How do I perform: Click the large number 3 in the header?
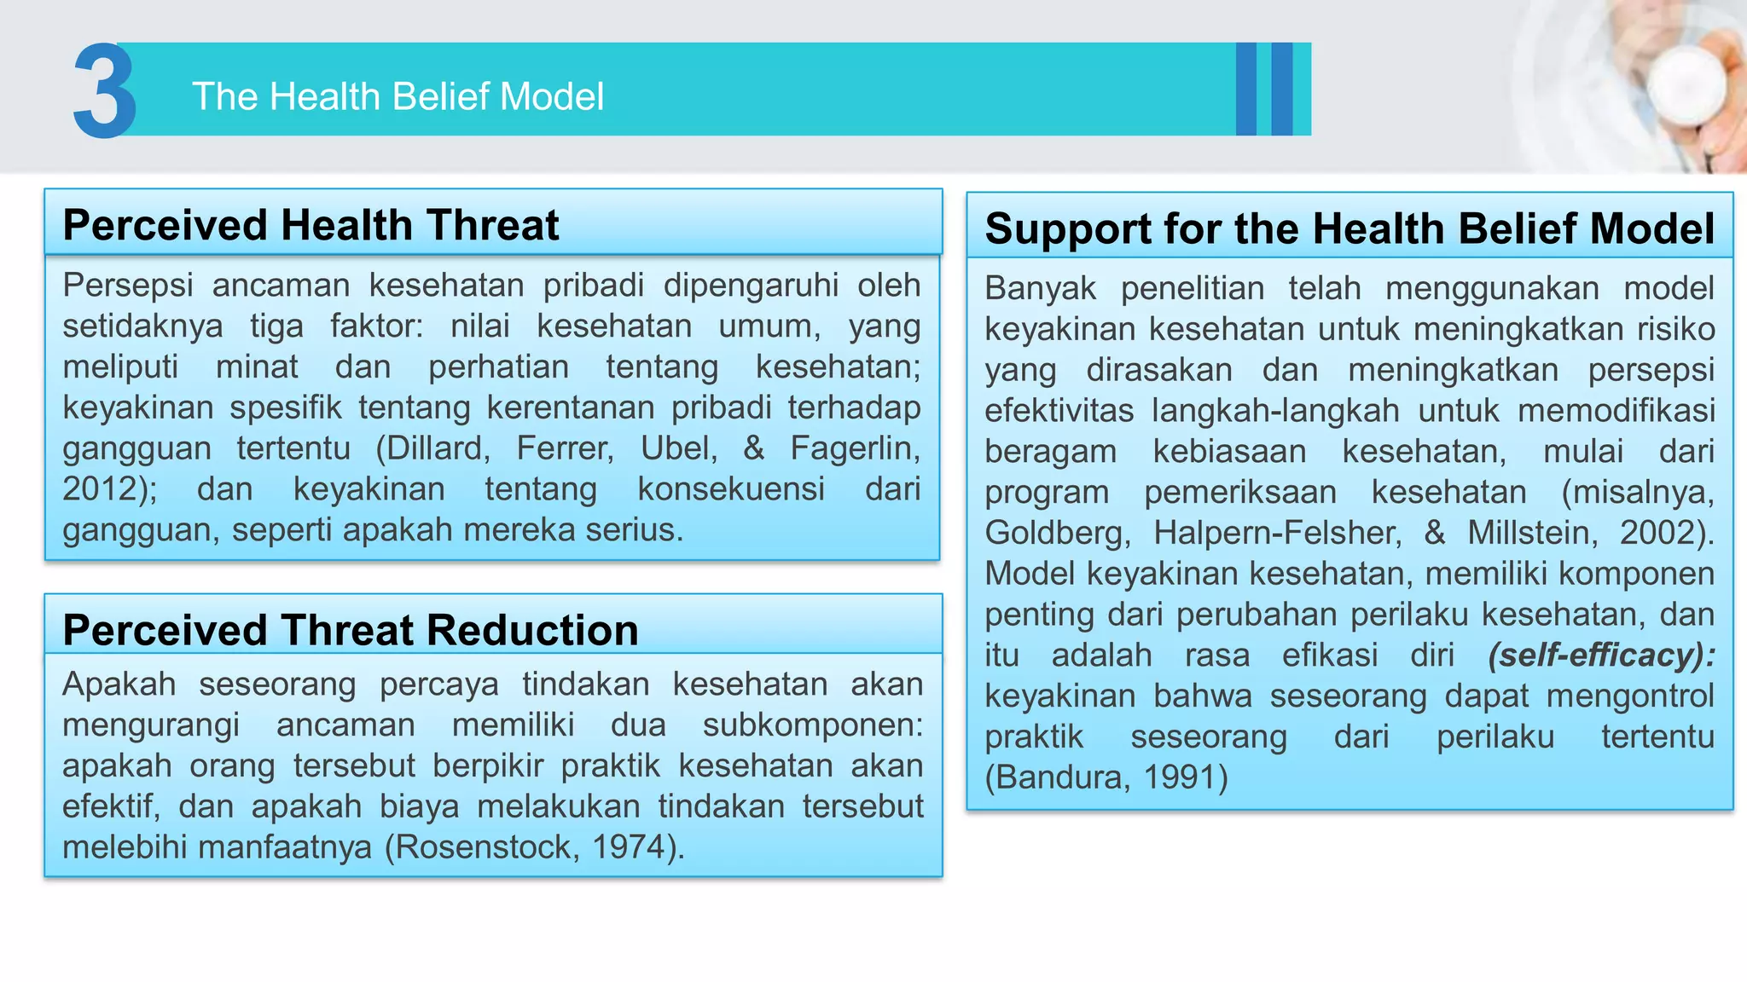(x=104, y=91)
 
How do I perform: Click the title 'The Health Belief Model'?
(x=398, y=96)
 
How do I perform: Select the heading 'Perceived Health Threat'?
(x=311, y=225)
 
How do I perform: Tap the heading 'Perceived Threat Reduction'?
(x=351, y=630)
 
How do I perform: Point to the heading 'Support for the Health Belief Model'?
(x=1349, y=228)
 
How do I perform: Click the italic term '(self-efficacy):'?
(x=1601, y=655)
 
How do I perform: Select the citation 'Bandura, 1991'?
(x=1107, y=777)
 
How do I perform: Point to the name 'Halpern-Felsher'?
(x=1277, y=533)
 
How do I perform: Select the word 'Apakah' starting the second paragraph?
(x=119, y=685)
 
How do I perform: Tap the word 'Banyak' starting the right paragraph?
(x=1040, y=289)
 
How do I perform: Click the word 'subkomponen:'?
(x=812, y=725)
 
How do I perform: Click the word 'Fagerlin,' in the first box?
(x=854, y=448)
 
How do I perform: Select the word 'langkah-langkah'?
(x=1274, y=411)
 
